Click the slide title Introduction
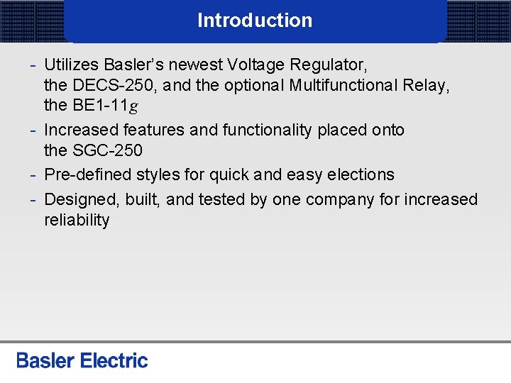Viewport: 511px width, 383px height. [255, 21]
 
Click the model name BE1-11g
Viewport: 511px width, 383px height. [104, 106]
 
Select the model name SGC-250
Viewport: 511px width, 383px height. [106, 150]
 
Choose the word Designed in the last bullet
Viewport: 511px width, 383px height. [77, 200]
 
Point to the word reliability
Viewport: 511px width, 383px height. [77, 221]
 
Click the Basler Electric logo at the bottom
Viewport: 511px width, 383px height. [82, 360]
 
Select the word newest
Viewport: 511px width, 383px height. [195, 65]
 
